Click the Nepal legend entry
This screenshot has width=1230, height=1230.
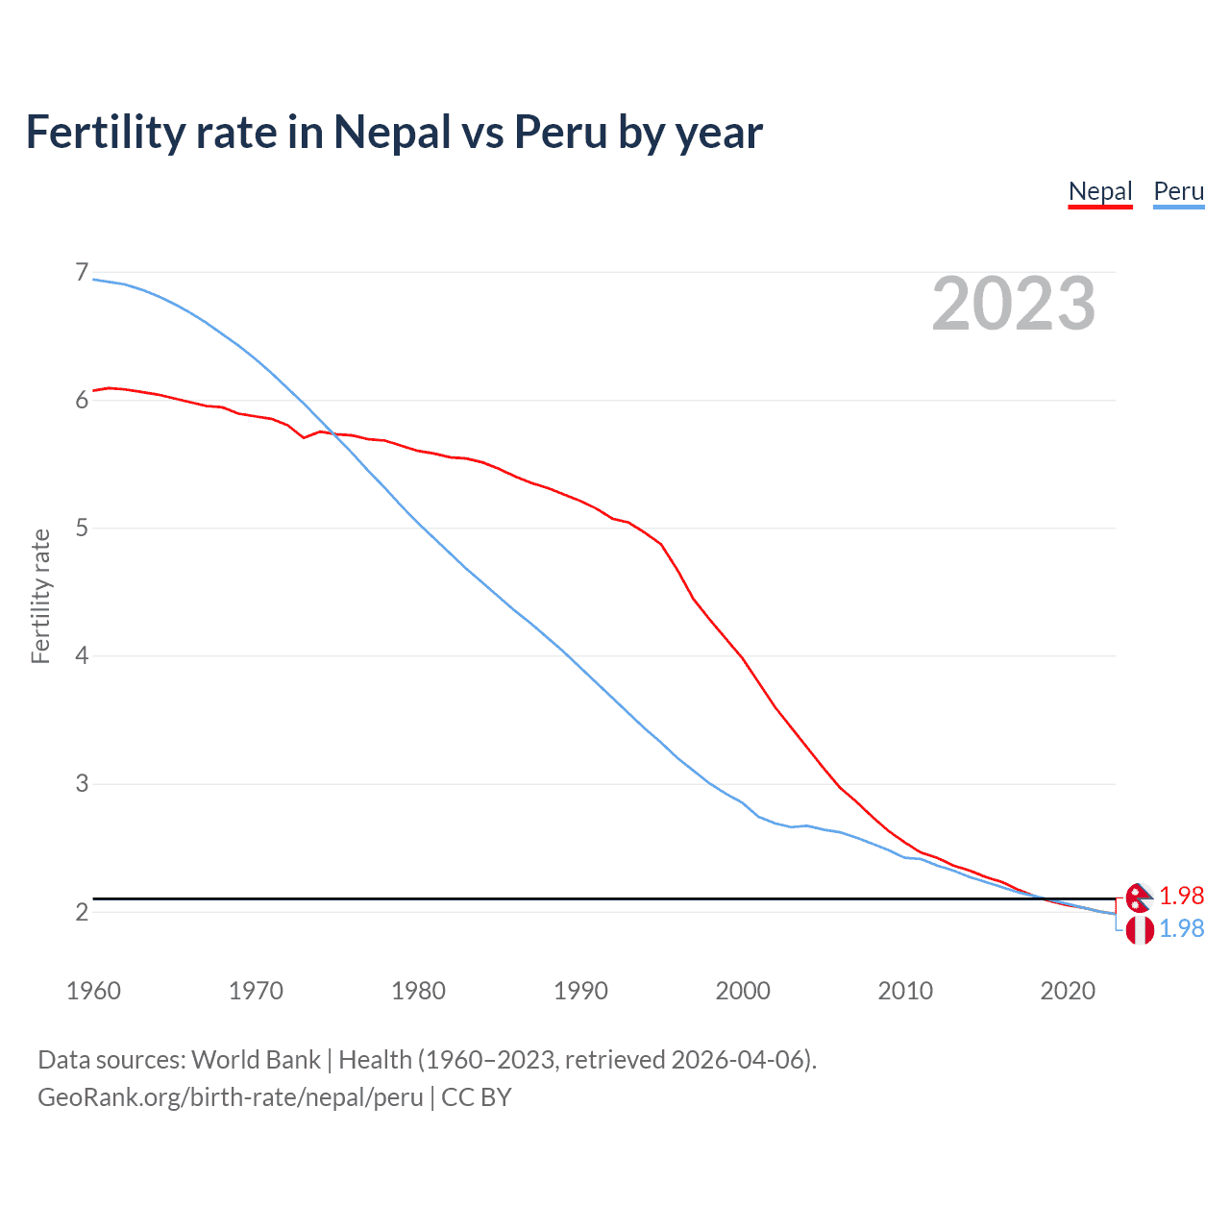1100,191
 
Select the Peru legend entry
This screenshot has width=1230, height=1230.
1178,191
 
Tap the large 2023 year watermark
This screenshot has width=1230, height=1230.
1014,304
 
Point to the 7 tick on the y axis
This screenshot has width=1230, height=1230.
82,273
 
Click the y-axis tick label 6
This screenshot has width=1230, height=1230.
82,401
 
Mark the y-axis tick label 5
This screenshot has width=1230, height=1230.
82,529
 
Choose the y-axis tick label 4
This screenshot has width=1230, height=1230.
82,656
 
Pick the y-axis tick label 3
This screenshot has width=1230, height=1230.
82,784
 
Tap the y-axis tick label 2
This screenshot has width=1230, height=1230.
82,912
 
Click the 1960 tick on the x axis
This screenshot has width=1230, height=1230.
93,991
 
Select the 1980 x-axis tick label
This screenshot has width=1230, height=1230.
418,991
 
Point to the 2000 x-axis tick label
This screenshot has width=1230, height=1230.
743,991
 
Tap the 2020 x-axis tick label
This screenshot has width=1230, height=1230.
1068,991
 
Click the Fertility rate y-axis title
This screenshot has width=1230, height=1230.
40,596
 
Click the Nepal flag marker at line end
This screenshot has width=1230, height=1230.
1139,897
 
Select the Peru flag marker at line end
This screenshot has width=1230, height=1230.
1140,930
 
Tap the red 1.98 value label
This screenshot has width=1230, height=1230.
1181,896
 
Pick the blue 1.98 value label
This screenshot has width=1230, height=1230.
1181,928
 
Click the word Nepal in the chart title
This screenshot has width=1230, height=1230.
392,132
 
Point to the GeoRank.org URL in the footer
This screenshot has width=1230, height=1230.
231,1097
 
